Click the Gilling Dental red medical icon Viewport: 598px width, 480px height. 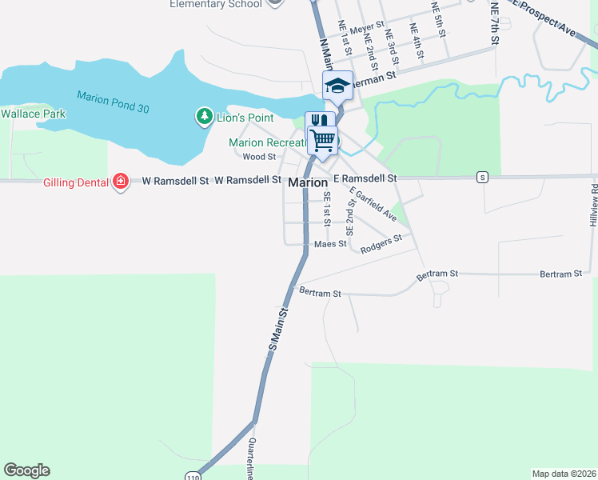pyautogui.click(x=120, y=182)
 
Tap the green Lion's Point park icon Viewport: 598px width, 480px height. pyautogui.click(x=204, y=118)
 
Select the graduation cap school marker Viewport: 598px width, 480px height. pyautogui.click(x=337, y=86)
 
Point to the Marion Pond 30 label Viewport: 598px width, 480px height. pyautogui.click(x=113, y=102)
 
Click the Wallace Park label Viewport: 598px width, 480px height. pyautogui.click(x=33, y=114)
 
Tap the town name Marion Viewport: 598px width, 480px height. pyautogui.click(x=308, y=182)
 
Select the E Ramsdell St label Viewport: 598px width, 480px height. pyautogui.click(x=365, y=178)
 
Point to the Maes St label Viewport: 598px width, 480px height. pyautogui.click(x=330, y=244)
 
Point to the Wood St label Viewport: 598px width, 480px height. pyautogui.click(x=259, y=157)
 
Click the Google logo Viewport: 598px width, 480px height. pyautogui.click(x=26, y=470)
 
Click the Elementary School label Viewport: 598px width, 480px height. pyautogui.click(x=216, y=4)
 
